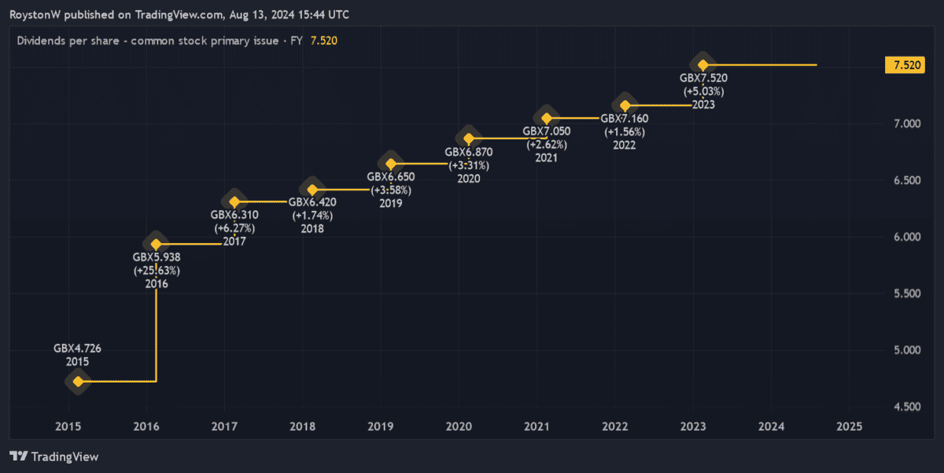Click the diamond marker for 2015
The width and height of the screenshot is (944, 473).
click(78, 382)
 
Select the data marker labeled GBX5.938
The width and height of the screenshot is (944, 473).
click(156, 244)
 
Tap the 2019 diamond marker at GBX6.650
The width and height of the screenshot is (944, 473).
click(390, 164)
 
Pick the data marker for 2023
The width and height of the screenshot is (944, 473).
click(703, 65)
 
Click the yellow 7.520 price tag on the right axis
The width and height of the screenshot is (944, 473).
click(903, 65)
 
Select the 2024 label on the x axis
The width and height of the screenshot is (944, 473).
click(772, 427)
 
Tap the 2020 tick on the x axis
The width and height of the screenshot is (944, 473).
click(459, 427)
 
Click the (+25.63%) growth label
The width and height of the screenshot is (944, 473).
click(157, 270)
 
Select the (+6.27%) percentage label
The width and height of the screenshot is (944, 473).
click(234, 228)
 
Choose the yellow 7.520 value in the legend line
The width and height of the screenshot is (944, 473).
click(324, 40)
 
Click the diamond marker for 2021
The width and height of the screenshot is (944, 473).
click(547, 119)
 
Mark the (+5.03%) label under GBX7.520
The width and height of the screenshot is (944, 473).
click(703, 91)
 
